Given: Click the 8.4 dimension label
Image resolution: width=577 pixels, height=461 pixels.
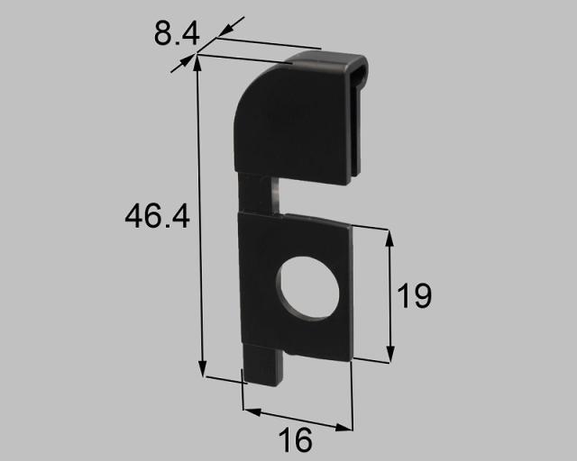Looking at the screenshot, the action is pos(177,34).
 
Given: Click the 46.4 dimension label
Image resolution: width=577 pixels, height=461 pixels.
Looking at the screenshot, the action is pos(157,216).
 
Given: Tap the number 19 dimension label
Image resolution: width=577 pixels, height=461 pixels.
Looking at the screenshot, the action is pos(414,295).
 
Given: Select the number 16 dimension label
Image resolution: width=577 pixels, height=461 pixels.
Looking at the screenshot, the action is pos(295,439).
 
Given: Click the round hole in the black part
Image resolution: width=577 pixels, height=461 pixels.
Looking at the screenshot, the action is pos(307,288).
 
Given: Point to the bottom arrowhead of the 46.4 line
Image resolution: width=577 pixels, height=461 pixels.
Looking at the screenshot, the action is pos(202,368).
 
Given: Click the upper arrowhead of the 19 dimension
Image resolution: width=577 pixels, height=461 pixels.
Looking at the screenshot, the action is pos(389,239).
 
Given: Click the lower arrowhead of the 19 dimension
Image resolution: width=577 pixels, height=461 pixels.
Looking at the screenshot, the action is pos(390,354).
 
